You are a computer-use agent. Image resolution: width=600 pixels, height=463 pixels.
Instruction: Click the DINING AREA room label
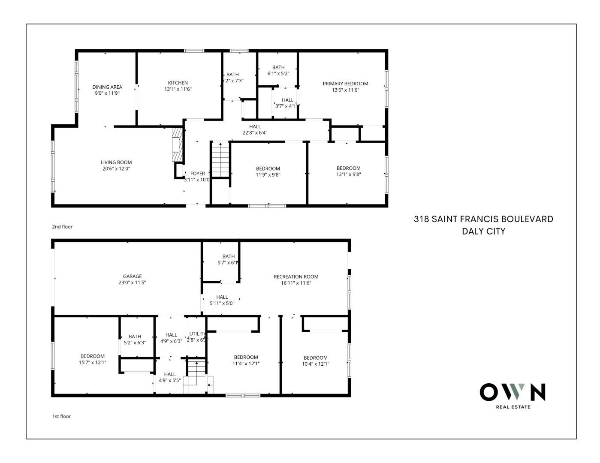coord(107,87)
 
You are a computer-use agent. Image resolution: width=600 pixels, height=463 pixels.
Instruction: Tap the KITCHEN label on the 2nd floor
coord(178,83)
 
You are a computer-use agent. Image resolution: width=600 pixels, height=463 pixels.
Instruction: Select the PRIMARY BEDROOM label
coord(345,84)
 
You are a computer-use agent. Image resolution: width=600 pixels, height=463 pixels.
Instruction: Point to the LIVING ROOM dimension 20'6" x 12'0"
coord(116,169)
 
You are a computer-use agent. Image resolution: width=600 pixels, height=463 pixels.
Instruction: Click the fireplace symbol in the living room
coord(177,144)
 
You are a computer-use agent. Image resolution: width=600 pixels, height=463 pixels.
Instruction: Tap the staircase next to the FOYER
coord(221,159)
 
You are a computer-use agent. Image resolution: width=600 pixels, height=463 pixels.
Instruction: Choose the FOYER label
coord(197,174)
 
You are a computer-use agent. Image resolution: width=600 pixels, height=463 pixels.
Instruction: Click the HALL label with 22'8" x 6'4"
coord(255,126)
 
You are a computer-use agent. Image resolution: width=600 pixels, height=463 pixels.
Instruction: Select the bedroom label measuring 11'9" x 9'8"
coord(268,168)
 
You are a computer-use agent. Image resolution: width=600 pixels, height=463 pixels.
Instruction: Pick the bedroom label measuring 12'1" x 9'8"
coord(348,168)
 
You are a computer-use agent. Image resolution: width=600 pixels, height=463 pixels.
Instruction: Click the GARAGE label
coord(132,277)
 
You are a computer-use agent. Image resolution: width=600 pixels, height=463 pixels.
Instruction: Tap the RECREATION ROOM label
coord(296,277)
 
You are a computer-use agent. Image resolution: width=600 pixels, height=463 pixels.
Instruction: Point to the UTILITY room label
coord(198,334)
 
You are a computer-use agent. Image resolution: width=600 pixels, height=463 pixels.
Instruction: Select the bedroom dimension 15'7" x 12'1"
coord(93,363)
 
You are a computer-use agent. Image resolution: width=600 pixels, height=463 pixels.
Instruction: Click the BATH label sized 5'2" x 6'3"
coord(135,337)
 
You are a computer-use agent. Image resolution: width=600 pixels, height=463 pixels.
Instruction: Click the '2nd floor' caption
coord(62,227)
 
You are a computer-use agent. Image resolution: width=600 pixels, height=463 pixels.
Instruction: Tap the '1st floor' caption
coord(61,416)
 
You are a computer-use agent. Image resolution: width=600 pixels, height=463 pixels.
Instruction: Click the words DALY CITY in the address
coord(483,231)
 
